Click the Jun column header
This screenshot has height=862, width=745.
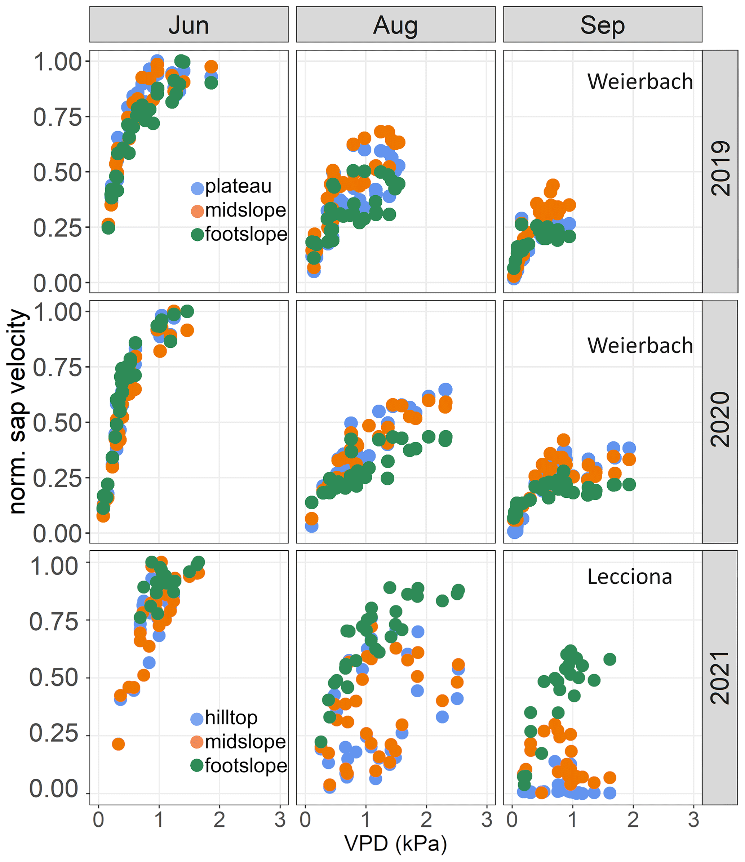point(189,25)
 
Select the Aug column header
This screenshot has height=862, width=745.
point(395,25)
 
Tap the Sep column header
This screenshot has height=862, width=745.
point(602,25)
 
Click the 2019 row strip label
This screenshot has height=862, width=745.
point(720,169)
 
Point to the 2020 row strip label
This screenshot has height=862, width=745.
point(720,419)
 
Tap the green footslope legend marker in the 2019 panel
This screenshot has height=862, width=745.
point(197,235)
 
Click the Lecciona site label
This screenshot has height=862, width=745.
point(629,577)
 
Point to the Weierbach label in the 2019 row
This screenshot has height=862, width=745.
point(640,81)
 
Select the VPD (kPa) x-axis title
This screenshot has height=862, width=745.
point(395,843)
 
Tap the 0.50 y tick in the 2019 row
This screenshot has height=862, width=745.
point(57,172)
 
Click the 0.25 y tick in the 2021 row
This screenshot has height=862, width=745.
point(53,733)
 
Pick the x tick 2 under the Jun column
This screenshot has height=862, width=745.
point(219,820)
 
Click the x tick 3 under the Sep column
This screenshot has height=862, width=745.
point(693,820)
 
